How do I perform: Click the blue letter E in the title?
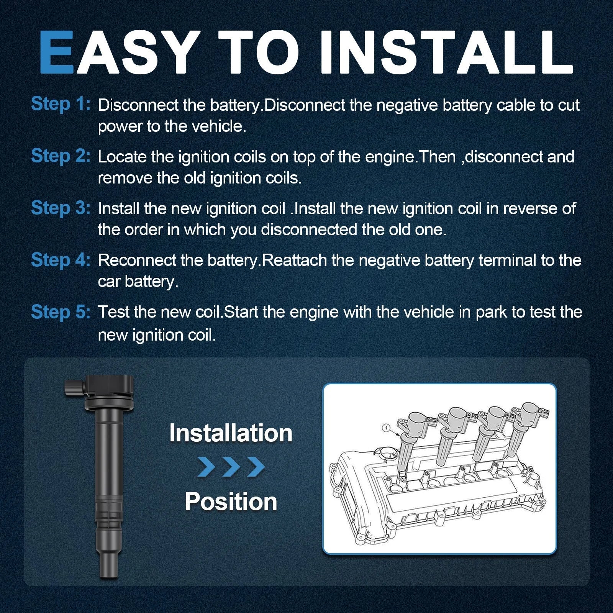coord(57,52)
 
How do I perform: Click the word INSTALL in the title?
coord(446,52)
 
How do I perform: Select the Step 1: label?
coord(61,104)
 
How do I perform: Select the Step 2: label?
coord(61,156)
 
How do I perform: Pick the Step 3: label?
coord(61,208)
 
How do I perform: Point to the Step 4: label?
coord(61,259)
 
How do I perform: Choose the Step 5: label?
coord(61,311)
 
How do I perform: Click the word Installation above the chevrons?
coord(231,433)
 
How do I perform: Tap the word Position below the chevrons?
coord(231,502)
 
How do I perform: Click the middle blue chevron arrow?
coord(231,467)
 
